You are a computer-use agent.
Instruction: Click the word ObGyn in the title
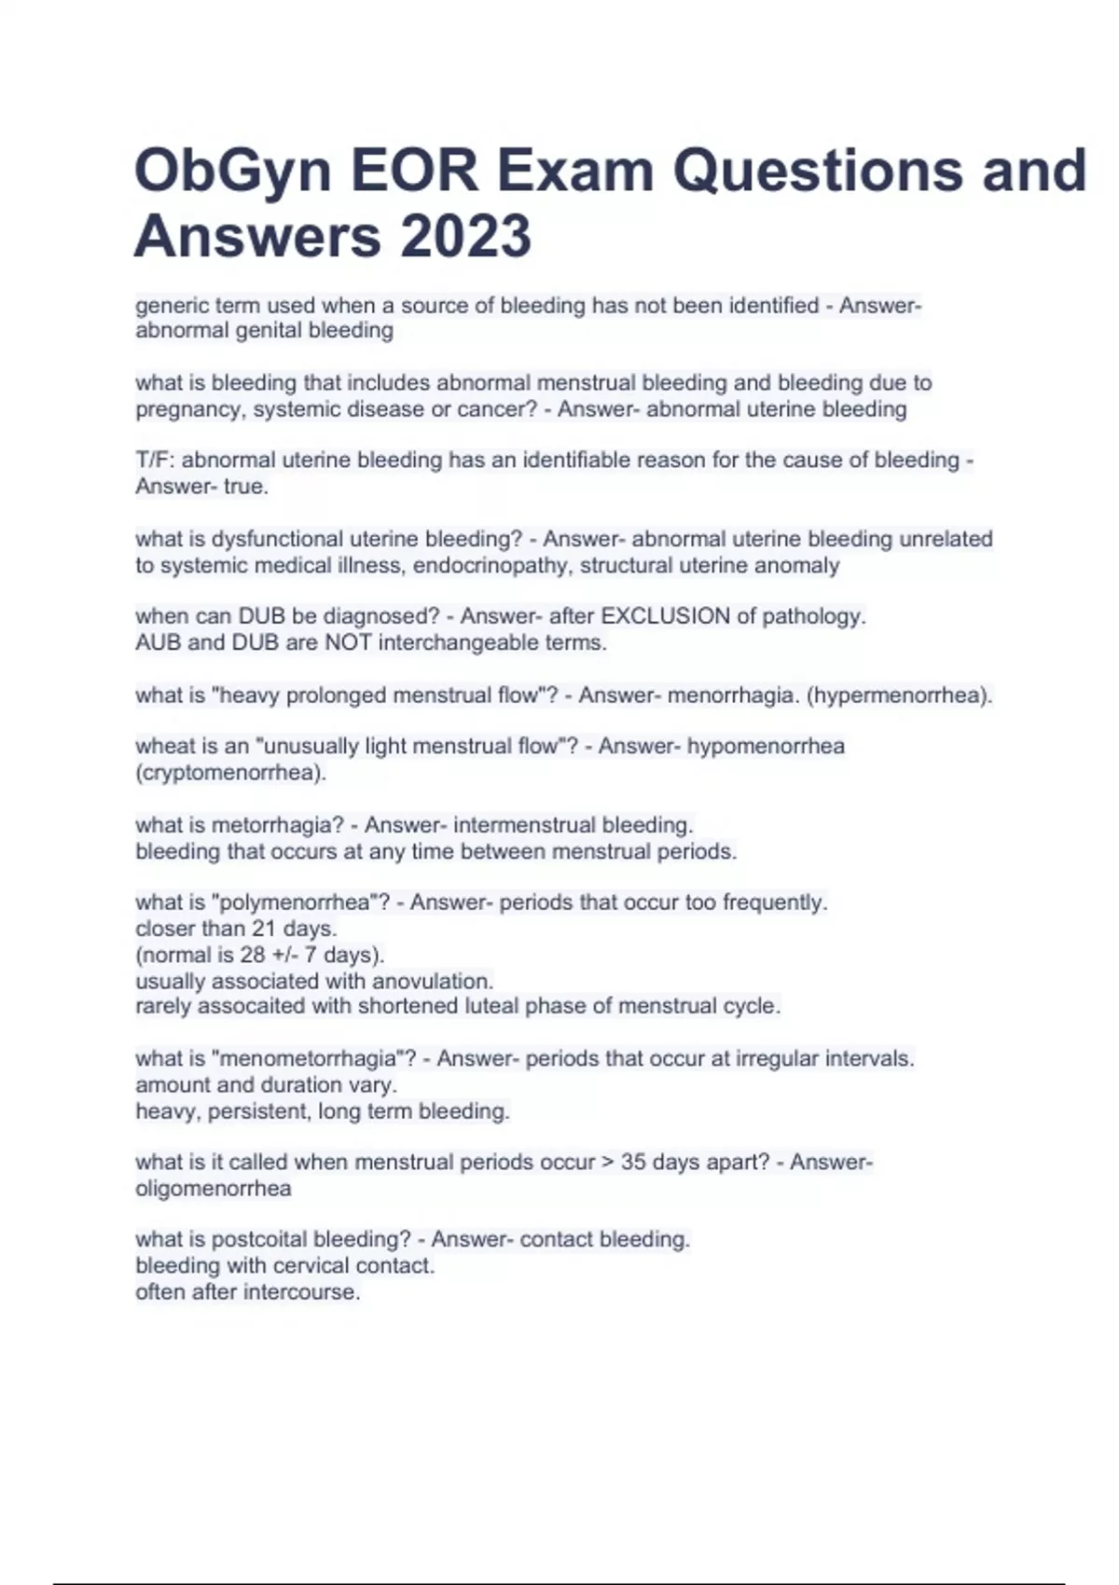pyautogui.click(x=232, y=172)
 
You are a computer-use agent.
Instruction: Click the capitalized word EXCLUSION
pyautogui.click(x=665, y=616)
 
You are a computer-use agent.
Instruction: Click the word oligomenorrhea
pyautogui.click(x=214, y=1189)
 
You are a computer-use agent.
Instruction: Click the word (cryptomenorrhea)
pyautogui.click(x=231, y=773)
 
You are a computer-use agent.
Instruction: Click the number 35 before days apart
pyautogui.click(x=633, y=1163)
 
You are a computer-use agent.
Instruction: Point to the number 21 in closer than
pyautogui.click(x=265, y=929)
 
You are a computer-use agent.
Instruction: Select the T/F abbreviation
pyautogui.click(x=155, y=461)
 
